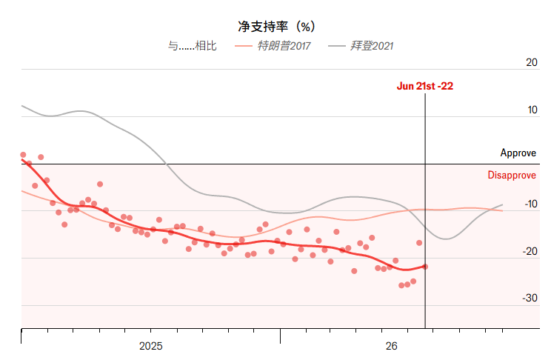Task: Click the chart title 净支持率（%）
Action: [x=276, y=27]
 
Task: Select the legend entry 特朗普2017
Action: [x=273, y=46]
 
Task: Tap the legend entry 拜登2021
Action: [x=361, y=46]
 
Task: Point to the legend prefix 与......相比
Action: [x=192, y=46]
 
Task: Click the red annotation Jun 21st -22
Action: [x=425, y=86]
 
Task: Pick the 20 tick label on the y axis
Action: [x=531, y=62]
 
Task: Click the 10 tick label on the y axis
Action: [x=532, y=110]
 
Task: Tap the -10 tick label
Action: [x=531, y=204]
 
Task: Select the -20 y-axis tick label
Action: [x=530, y=251]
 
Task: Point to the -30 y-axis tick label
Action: [x=530, y=298]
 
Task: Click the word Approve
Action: [x=518, y=153]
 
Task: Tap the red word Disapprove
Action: [x=512, y=175]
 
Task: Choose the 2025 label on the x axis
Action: [x=151, y=346]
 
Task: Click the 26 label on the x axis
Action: [x=392, y=346]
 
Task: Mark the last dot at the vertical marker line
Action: [x=425, y=267]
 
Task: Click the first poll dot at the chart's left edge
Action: [x=23, y=155]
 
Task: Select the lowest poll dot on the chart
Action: [x=401, y=285]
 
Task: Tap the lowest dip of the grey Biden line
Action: [x=446, y=239]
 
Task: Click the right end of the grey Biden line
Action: [x=502, y=204]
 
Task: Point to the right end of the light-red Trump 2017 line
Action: [x=502, y=210]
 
